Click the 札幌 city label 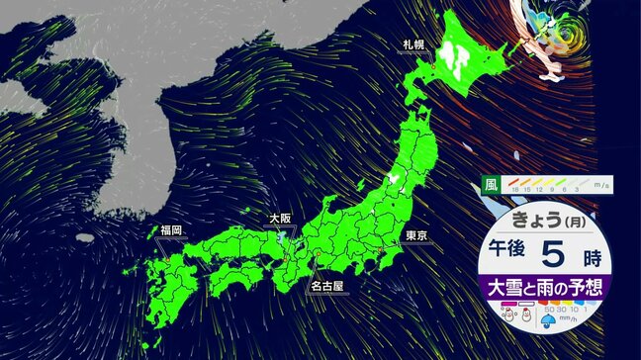pos(413,45)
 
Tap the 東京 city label pos(415,235)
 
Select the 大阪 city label pos(280,218)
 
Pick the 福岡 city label pos(171,229)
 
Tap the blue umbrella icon pos(548,321)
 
